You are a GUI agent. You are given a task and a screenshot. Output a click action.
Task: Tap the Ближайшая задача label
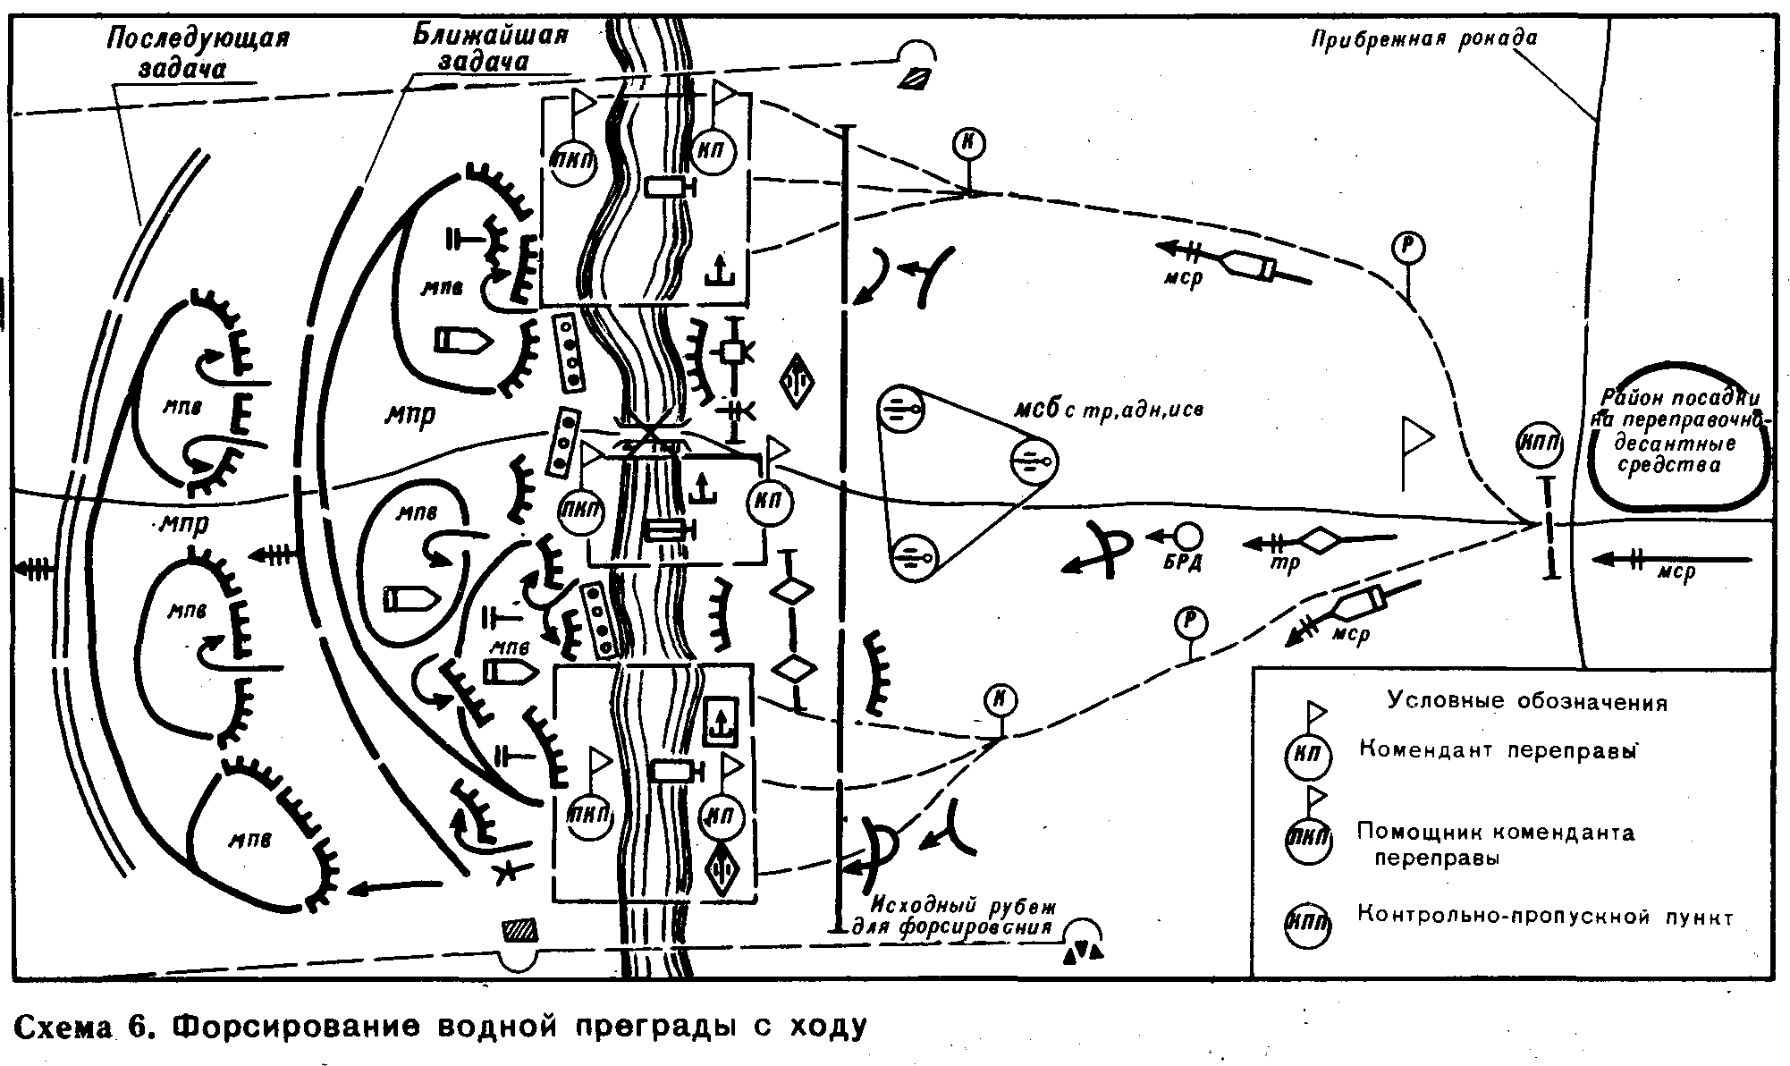click(490, 48)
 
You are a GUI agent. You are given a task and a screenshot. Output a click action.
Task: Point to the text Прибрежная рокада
click(1424, 38)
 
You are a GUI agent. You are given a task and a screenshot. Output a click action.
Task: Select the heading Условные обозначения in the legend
click(1527, 701)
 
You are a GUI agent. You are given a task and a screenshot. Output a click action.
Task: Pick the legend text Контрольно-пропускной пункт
click(1545, 917)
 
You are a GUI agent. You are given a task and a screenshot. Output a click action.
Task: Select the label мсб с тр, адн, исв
click(1108, 410)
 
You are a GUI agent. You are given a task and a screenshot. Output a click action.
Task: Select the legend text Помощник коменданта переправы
click(1495, 844)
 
